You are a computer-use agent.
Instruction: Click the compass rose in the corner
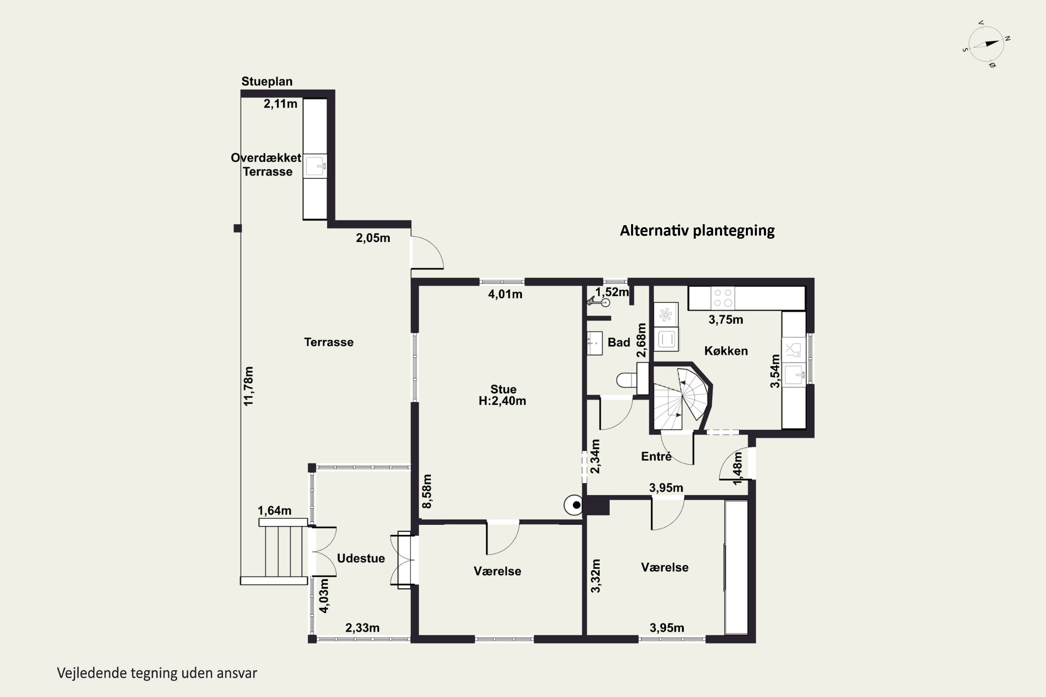[x=986, y=44]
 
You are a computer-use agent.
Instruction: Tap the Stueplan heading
[x=267, y=81]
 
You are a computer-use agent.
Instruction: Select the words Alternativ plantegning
[x=697, y=230]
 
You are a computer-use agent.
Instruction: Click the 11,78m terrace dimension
[x=249, y=386]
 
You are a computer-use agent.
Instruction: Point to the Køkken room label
[x=726, y=351]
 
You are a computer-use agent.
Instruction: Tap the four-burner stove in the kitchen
[x=723, y=298]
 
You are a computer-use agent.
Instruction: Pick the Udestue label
[x=361, y=558]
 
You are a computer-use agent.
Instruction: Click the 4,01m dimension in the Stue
[x=505, y=294]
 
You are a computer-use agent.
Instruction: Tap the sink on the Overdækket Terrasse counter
[x=315, y=166]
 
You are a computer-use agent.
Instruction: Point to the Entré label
[x=656, y=456]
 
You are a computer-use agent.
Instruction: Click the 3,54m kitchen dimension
[x=775, y=371]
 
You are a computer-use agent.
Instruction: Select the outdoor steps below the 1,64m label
[x=282, y=551]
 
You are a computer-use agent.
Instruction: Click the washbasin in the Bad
[x=594, y=343]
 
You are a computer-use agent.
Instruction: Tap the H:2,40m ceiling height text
[x=502, y=401]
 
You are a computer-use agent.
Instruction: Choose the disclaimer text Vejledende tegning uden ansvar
[x=157, y=673]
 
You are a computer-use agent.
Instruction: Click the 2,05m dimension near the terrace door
[x=373, y=238]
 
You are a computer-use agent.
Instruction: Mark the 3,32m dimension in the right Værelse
[x=596, y=576]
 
